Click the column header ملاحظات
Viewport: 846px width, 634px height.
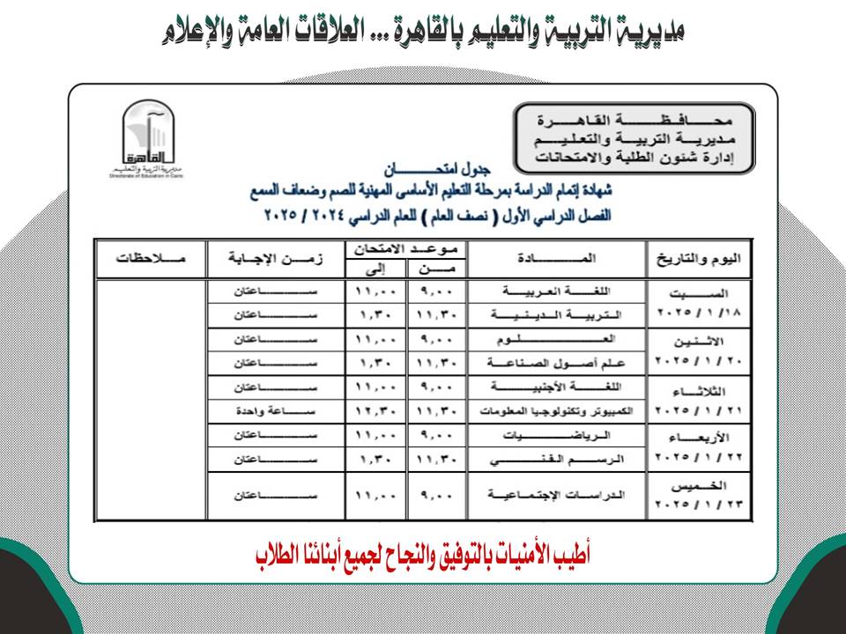(151, 258)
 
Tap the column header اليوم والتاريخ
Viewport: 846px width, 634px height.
(701, 258)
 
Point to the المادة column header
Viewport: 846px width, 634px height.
(557, 258)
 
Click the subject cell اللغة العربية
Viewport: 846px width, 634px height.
(557, 291)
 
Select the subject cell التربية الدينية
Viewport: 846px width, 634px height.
(557, 314)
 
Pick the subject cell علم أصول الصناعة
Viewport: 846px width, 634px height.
(557, 362)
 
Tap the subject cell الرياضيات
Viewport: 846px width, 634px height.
(557, 435)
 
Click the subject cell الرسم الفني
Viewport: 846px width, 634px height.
(557, 459)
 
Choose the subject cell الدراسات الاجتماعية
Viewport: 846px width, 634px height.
(557, 496)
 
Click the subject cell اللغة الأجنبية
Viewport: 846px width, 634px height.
(557, 387)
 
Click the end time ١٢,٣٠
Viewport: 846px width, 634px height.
(376, 411)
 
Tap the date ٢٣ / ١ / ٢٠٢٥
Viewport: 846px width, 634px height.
(701, 506)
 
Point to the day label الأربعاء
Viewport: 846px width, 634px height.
(701, 437)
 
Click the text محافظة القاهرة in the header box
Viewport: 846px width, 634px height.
(634, 118)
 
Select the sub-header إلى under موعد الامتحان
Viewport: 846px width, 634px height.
(376, 269)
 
